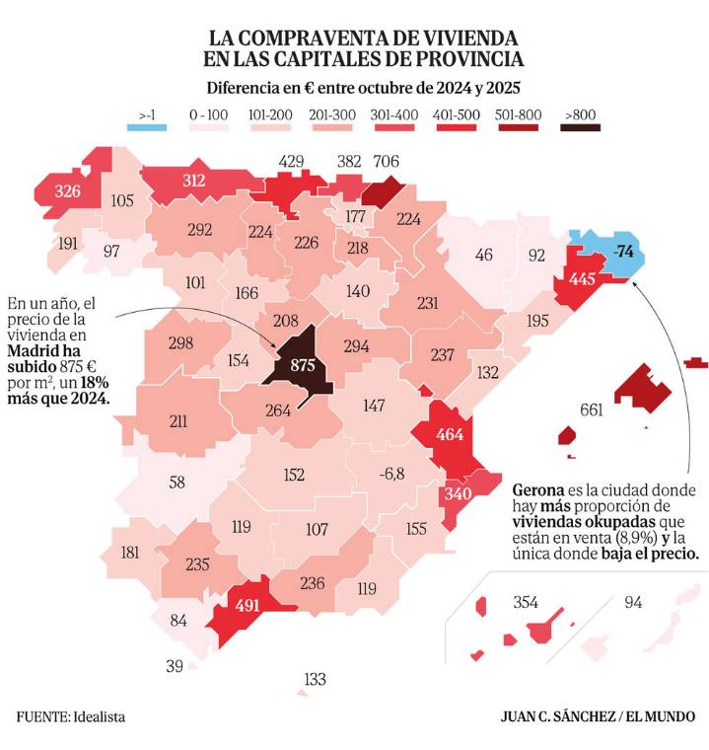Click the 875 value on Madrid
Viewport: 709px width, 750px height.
click(x=302, y=365)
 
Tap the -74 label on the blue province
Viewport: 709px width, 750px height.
click(x=622, y=251)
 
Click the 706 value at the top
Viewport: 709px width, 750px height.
click(x=386, y=162)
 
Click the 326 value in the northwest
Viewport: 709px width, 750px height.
click(x=68, y=189)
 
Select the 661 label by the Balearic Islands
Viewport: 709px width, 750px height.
click(x=592, y=410)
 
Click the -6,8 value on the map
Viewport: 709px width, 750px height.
click(x=391, y=474)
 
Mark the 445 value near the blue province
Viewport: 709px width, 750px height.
click(x=582, y=279)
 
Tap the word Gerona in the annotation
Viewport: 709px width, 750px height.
click(x=537, y=490)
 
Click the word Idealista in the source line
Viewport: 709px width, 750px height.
click(x=98, y=716)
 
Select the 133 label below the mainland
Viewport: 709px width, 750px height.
click(x=316, y=680)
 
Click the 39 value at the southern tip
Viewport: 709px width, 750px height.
click(x=175, y=666)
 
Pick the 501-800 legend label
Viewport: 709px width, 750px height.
click(x=518, y=114)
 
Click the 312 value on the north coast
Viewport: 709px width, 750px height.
click(x=194, y=180)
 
